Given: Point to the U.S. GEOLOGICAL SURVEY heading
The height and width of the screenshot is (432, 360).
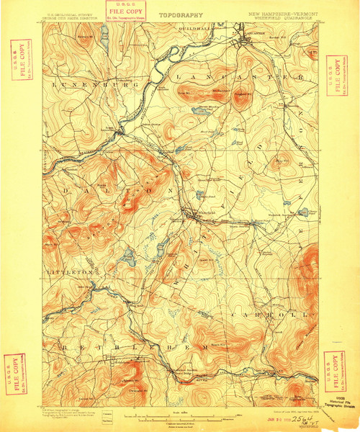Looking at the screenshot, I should click(x=68, y=13).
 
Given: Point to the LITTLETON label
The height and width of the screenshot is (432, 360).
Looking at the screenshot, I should click(x=67, y=274).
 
